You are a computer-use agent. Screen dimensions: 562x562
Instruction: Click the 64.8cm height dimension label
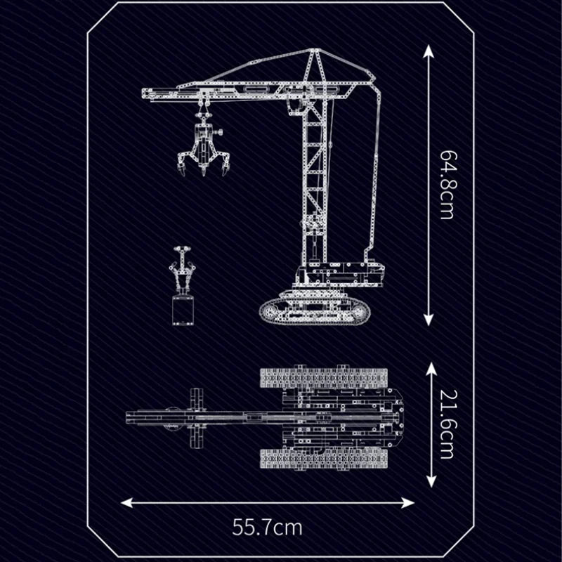(x=447, y=185)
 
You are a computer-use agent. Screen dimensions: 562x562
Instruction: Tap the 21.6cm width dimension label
(x=447, y=424)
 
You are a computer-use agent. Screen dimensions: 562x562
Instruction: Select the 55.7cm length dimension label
(x=268, y=528)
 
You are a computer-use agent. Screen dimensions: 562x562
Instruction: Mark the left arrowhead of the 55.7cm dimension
(x=126, y=502)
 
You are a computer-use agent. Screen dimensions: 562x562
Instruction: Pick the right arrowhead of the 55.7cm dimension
(x=409, y=502)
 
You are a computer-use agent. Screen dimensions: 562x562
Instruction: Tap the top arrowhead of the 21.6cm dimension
(x=431, y=368)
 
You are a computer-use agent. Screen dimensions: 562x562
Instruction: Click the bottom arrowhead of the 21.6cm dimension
(x=431, y=481)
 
